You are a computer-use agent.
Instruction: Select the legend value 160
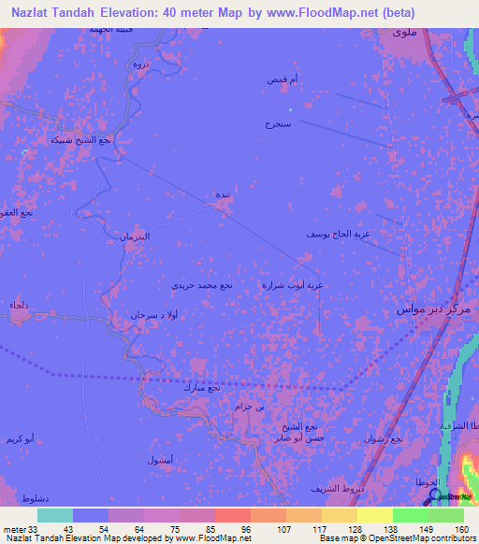pos(459,529)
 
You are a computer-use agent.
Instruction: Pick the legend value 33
pos(36,529)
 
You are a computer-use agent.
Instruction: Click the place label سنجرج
pos(279,123)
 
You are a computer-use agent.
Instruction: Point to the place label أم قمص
pos(283,81)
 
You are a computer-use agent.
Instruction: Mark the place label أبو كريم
pos(21,438)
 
